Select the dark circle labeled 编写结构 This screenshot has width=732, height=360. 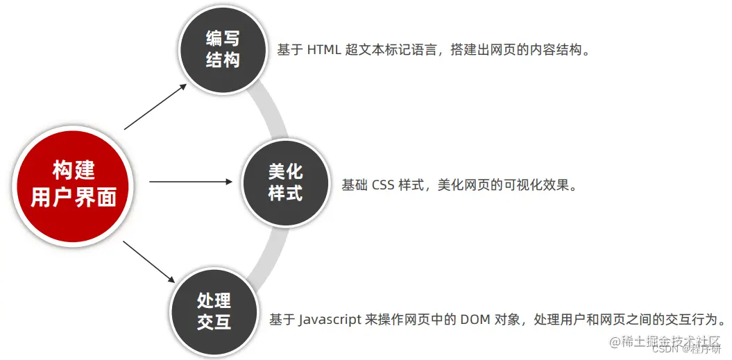pyautogui.click(x=223, y=49)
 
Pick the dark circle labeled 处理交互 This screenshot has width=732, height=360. pyautogui.click(x=214, y=311)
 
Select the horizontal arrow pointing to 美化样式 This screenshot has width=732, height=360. pyautogui.click(x=191, y=182)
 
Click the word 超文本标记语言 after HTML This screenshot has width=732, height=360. pyautogui.click(x=391, y=50)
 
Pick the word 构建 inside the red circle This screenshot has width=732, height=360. pyautogui.click(x=74, y=170)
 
